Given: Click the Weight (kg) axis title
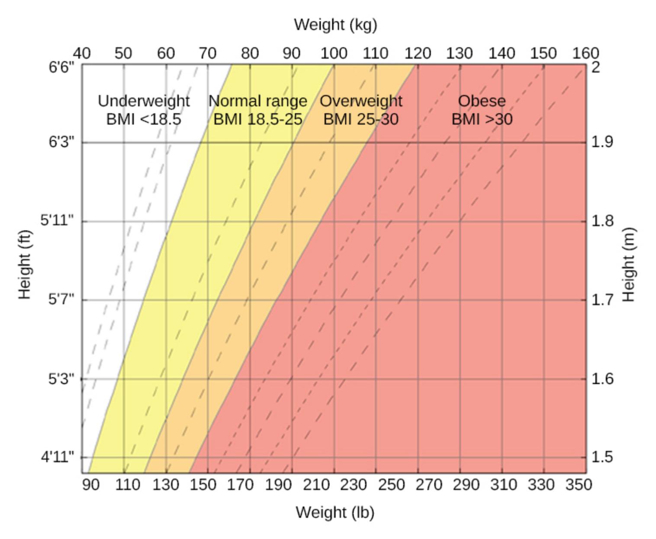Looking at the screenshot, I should pos(335,25).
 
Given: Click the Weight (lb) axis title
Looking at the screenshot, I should pos(335,512).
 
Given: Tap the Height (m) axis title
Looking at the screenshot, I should pos(628,265).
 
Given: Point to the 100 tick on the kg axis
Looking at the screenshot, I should pos(334,53).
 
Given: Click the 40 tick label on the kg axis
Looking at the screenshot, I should pos(82,53).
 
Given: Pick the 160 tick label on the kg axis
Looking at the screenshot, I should pos(586,53).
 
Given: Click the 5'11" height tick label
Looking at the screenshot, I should pos(58,221).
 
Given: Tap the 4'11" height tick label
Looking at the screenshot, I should pos(58,457).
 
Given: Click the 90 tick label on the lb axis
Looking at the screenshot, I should pos(90,485).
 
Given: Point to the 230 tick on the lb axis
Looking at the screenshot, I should pos(354,485).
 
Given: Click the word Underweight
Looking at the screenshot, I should pos(144,101).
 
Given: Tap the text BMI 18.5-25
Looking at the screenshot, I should pos(258,119).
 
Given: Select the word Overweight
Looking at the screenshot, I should pos(361,101).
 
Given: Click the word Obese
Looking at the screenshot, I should pos(482,101).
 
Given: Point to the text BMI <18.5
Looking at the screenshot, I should pos(144,119).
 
